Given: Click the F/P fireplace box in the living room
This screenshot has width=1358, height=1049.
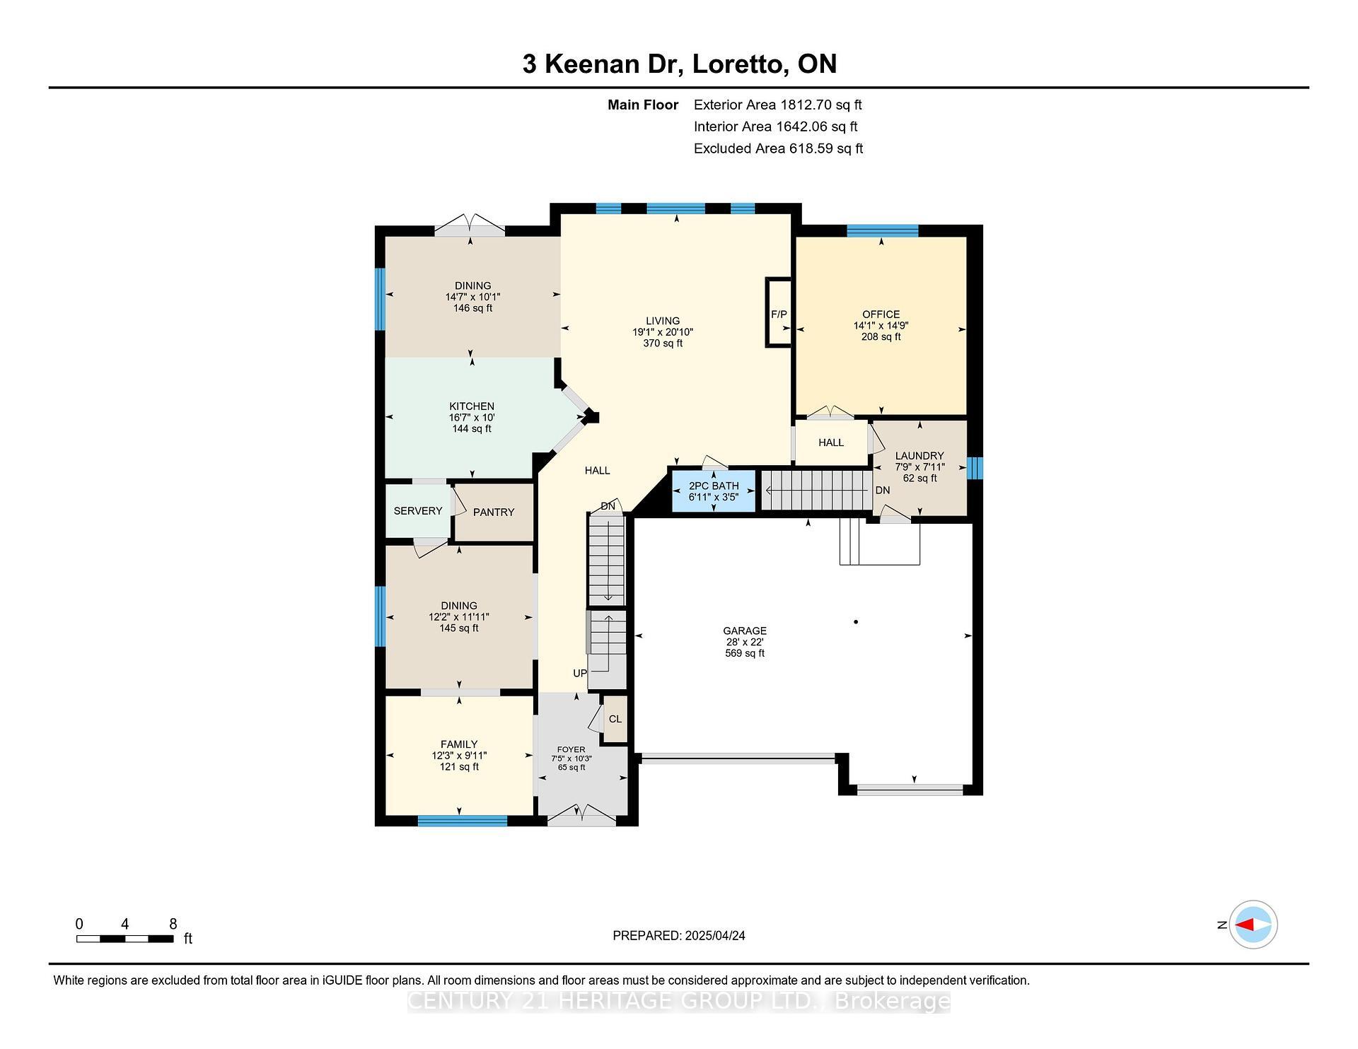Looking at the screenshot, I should (x=778, y=312).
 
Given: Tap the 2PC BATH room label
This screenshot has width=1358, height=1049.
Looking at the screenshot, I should (x=714, y=486).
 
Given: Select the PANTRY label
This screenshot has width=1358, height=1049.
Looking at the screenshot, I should (x=494, y=512).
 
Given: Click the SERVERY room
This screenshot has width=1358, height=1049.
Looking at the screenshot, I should (x=417, y=511).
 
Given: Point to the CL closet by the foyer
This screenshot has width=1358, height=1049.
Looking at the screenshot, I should (x=615, y=720).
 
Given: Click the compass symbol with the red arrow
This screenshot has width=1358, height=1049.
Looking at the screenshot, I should (x=1253, y=925).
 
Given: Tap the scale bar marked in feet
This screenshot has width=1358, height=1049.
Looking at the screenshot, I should (x=124, y=939).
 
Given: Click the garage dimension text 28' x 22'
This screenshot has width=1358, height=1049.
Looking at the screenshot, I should (x=745, y=643).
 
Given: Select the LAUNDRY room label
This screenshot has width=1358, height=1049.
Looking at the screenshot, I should (x=919, y=456).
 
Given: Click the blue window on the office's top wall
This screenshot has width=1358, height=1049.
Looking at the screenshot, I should (x=882, y=230).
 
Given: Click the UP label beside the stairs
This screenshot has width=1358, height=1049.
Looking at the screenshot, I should (x=580, y=674).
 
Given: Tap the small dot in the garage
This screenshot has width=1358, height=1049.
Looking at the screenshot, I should (x=856, y=622).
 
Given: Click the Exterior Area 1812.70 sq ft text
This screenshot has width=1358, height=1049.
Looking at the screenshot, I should (x=777, y=105).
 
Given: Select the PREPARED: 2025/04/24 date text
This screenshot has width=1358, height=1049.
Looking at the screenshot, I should (x=678, y=936).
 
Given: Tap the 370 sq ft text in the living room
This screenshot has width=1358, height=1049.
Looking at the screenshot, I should (x=663, y=344).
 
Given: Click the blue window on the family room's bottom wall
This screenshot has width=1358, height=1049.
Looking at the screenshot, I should (x=462, y=821).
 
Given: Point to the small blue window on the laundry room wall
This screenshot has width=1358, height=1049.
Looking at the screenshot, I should (x=975, y=468).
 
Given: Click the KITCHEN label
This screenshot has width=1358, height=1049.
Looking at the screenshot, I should (x=472, y=406).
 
